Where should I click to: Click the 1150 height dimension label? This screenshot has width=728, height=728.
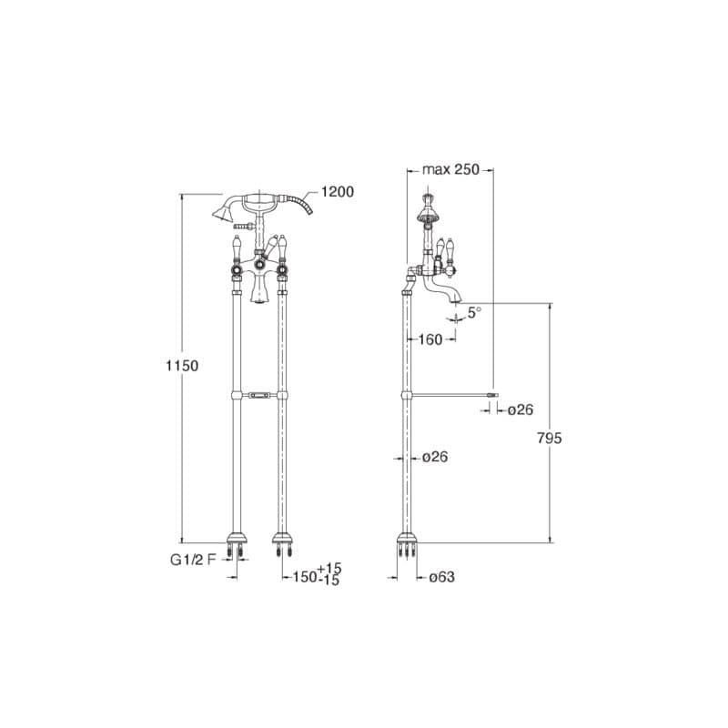coord(182,366)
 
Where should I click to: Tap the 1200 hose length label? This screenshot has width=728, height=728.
coord(338,191)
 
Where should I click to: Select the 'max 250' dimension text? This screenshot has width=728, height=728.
coord(450,169)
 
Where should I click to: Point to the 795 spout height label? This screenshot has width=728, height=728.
coord(550,438)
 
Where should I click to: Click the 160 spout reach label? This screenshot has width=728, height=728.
coord(430,339)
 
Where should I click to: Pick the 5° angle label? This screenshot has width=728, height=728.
coord(474,312)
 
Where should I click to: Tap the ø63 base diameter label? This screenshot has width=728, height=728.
coord(441,577)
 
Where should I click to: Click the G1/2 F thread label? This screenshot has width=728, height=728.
coord(193,560)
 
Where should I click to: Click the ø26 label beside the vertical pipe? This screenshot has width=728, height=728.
coord(435,458)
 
